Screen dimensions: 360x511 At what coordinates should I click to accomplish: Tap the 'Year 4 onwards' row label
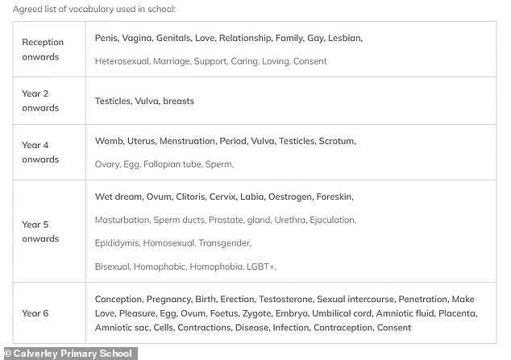tap(40, 152)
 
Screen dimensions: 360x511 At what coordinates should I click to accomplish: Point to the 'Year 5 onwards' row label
tap(40, 231)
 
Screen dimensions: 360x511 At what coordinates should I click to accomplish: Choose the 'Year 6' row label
tap(35, 313)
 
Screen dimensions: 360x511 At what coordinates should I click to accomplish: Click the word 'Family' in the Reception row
tap(289, 38)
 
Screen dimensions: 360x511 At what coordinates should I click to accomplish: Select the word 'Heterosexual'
tap(121, 61)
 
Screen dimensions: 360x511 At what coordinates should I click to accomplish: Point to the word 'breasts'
tap(178, 101)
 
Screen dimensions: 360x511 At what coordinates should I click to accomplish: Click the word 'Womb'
tap(109, 141)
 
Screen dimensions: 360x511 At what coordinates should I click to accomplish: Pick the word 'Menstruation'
tap(187, 141)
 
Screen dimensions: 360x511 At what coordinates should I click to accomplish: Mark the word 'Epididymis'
tap(119, 242)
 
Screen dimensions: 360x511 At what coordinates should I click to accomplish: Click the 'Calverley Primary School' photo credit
tap(69, 353)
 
